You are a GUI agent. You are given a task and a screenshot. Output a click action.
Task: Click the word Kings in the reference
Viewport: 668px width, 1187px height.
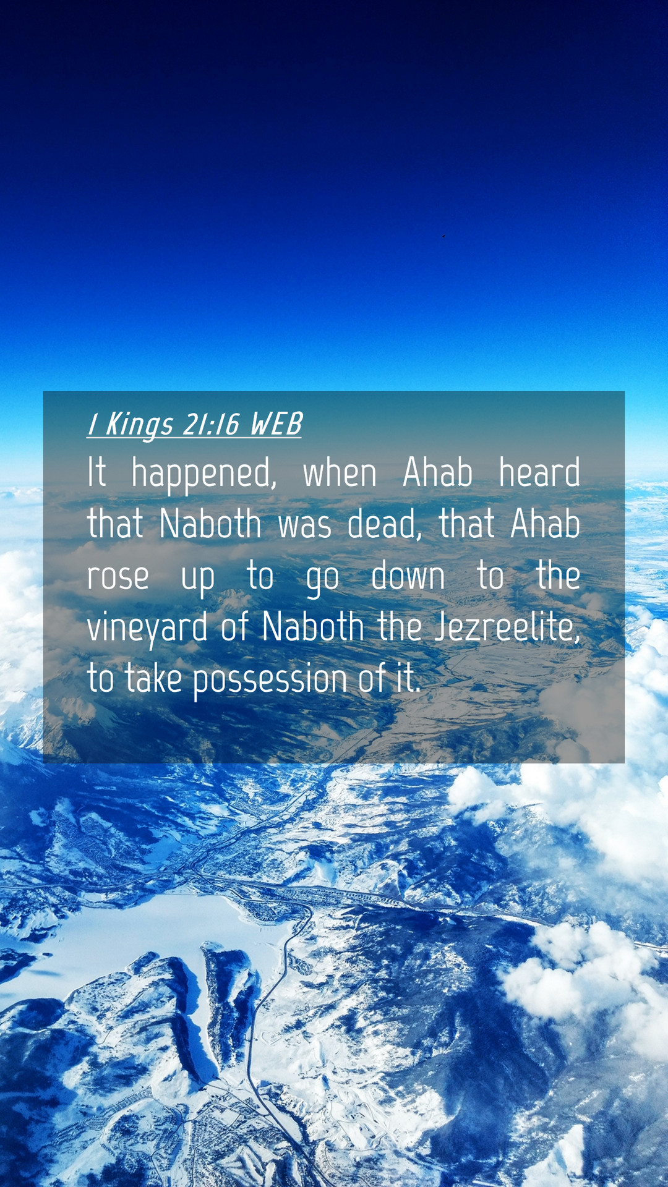[139, 425]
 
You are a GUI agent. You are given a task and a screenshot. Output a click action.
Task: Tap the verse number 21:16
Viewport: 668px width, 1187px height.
[211, 424]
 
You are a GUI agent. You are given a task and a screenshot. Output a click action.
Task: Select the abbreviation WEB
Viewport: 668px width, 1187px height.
[276, 424]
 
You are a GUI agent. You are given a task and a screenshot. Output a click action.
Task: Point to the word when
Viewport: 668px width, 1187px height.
[340, 474]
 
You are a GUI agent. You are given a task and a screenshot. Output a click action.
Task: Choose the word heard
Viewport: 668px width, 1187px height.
[539, 473]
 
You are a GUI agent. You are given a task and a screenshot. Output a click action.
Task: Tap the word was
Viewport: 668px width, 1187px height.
[304, 527]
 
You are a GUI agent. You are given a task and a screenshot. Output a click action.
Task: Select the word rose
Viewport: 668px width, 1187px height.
[118, 577]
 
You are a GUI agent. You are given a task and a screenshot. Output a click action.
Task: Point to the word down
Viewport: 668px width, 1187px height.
[408, 575]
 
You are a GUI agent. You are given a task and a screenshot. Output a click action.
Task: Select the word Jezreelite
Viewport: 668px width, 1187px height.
[508, 627]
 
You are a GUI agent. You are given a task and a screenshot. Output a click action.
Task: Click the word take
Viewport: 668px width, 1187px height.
[153, 678]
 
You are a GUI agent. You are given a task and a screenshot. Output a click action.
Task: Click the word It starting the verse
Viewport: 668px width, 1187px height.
[96, 473]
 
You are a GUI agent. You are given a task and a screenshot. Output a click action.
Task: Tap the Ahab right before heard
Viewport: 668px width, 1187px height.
[438, 473]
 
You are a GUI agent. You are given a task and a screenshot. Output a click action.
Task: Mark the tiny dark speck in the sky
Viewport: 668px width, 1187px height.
[443, 236]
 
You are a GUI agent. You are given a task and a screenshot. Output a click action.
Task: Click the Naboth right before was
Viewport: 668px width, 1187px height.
[210, 524]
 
